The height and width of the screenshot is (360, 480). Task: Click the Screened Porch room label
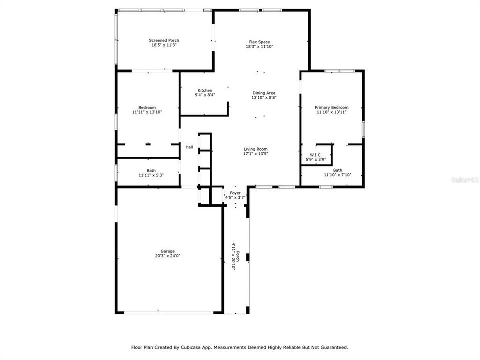point(164,40)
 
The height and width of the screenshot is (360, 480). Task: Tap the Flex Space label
point(259,42)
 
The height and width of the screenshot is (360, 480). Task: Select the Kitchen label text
point(205,90)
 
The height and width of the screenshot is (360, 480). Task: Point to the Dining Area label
point(264,93)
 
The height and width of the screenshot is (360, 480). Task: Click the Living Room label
point(255,149)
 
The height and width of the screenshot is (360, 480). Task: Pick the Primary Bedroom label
point(331,107)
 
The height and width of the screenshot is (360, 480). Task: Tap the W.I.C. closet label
point(315,155)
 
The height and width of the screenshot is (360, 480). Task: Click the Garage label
point(167,251)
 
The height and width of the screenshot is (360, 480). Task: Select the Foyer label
point(235,193)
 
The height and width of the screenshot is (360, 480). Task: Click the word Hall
point(189,147)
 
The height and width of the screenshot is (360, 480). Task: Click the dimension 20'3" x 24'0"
point(167,256)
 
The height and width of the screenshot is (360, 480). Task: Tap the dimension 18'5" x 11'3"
point(164,45)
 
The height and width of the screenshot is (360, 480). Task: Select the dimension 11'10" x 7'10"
point(338,175)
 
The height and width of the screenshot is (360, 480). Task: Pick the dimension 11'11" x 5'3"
point(151,175)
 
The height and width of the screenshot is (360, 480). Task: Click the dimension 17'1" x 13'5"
point(255,154)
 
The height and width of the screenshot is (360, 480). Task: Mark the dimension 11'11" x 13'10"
point(147,112)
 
